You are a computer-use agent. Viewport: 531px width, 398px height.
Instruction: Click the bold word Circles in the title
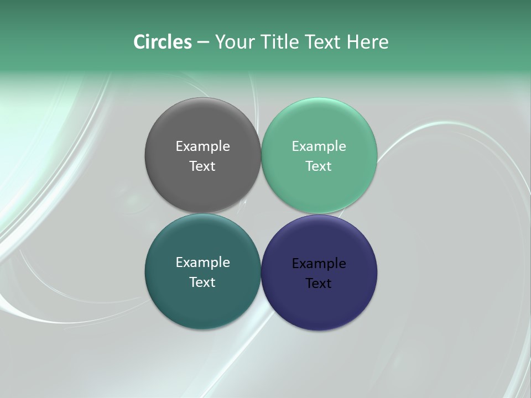click(163, 42)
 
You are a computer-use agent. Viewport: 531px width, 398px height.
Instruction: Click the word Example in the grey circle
click(202, 146)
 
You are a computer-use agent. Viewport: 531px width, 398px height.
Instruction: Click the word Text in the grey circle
click(202, 166)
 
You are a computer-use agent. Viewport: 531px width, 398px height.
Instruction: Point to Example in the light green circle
click(319, 146)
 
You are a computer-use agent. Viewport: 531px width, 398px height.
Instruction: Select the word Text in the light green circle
click(319, 166)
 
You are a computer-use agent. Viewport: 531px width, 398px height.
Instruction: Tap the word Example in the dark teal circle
click(202, 263)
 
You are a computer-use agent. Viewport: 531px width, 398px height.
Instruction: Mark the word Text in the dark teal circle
click(202, 282)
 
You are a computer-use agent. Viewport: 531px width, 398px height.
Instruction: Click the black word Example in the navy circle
click(319, 264)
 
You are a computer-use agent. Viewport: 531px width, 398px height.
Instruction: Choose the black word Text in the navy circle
click(319, 284)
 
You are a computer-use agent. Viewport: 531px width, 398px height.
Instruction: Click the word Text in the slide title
click(324, 42)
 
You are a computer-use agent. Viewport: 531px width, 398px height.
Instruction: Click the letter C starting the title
click(139, 42)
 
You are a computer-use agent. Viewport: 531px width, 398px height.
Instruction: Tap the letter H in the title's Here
click(353, 42)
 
